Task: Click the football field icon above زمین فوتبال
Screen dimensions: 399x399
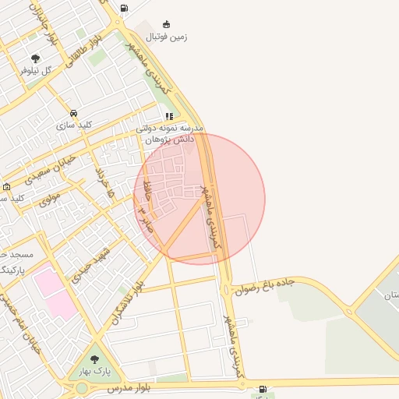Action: coord(165,23)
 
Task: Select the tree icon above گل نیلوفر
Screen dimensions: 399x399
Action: coord(35,58)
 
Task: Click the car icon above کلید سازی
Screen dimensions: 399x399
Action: coord(74,112)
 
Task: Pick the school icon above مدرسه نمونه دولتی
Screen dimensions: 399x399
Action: coord(169,116)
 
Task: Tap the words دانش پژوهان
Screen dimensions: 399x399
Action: coord(171,138)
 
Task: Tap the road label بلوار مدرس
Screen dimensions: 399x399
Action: coord(129,387)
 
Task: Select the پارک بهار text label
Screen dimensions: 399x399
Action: coord(94,371)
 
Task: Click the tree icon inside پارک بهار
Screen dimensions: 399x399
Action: coord(94,359)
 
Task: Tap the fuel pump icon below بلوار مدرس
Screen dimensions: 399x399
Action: coord(262,389)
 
